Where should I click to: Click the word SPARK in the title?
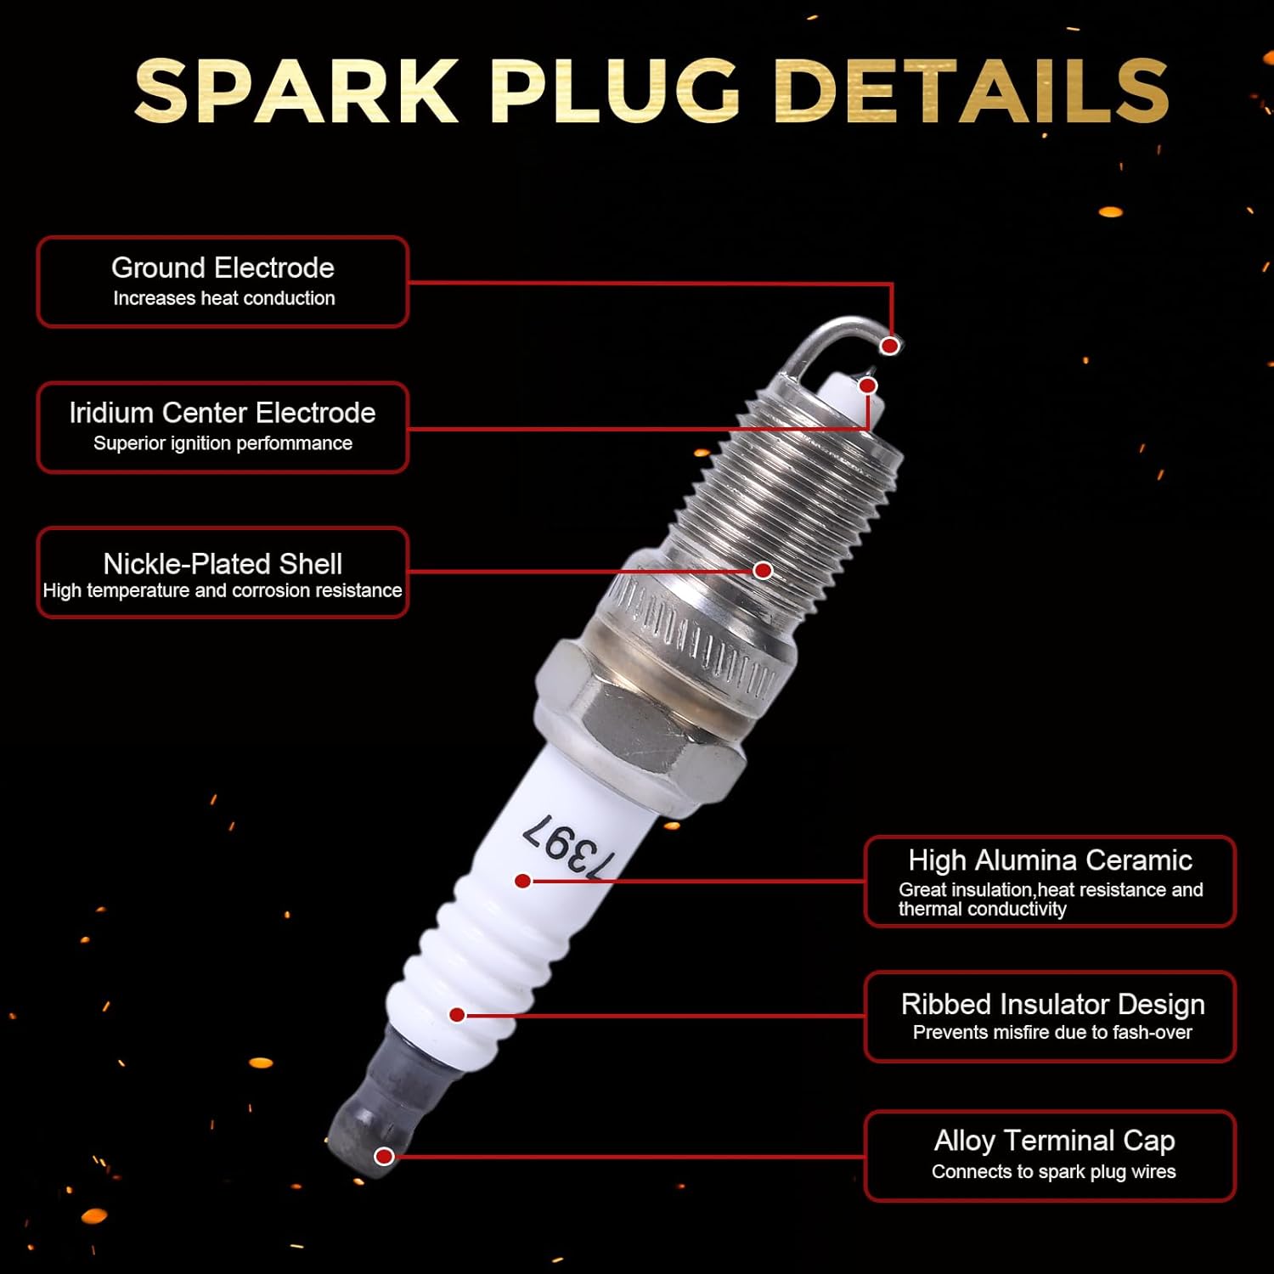(x=296, y=91)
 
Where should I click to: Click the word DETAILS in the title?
(x=972, y=91)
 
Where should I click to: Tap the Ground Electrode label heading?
(x=223, y=268)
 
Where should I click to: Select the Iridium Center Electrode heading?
(x=223, y=413)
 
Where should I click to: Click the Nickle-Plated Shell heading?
(x=223, y=564)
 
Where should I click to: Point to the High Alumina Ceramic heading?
(x=1050, y=860)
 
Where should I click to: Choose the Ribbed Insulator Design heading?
(x=1052, y=1004)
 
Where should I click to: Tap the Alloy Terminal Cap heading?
(x=1054, y=1140)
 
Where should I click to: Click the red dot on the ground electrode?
(x=889, y=346)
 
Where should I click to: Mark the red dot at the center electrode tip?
(x=867, y=386)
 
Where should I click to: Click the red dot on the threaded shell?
(x=763, y=571)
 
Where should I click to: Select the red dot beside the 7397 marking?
(x=523, y=882)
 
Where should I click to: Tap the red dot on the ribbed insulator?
(x=457, y=1015)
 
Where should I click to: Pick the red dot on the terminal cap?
(x=384, y=1156)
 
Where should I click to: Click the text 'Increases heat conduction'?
(x=224, y=298)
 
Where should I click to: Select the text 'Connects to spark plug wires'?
(x=1053, y=1172)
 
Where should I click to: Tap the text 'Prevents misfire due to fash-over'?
(x=1052, y=1033)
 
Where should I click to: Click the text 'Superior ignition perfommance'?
(x=223, y=443)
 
